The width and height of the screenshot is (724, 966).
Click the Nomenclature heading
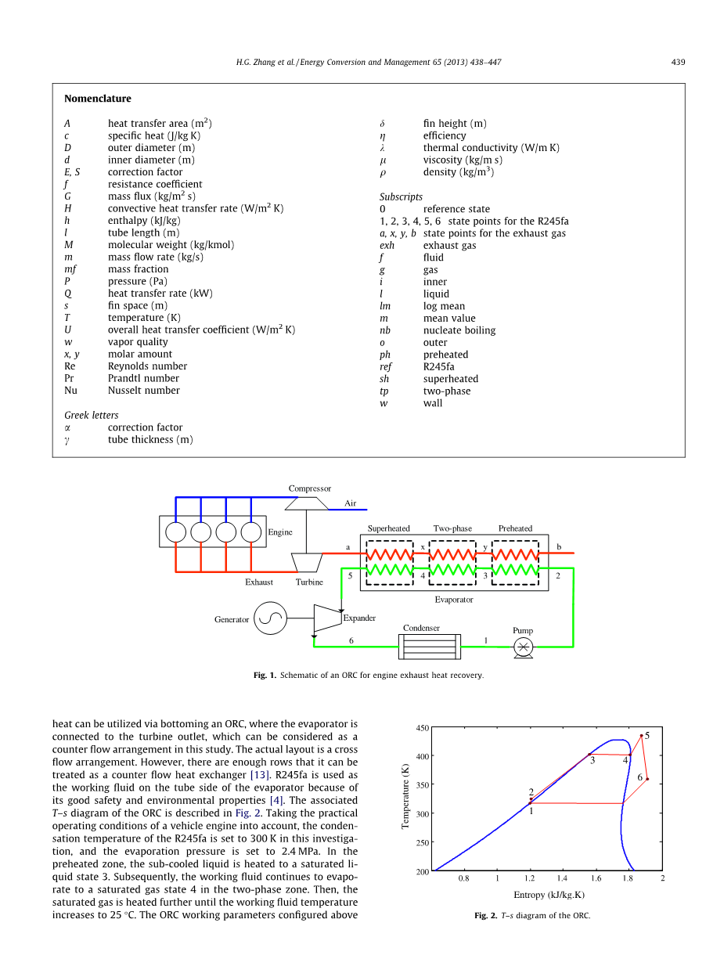[x=98, y=99]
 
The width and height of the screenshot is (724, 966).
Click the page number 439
[x=678, y=63]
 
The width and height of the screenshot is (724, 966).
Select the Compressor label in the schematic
[x=309, y=488]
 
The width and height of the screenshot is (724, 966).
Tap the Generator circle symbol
[x=271, y=619]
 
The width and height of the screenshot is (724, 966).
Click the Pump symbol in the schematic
[x=523, y=647]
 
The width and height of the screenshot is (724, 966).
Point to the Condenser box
[x=429, y=647]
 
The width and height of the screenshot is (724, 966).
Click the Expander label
[x=359, y=618]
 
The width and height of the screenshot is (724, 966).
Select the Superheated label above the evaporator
[x=389, y=528]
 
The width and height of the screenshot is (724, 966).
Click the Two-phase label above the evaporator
[x=452, y=528]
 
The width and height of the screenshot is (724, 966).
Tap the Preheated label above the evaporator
[x=515, y=528]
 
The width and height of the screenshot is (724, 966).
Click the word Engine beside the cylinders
[x=280, y=532]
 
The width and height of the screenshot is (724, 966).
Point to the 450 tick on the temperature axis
[x=422, y=729]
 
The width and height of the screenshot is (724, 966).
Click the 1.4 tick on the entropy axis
[x=562, y=879]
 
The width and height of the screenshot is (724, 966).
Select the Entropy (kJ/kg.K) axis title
[x=549, y=895]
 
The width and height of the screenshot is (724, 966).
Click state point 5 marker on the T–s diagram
[x=642, y=735]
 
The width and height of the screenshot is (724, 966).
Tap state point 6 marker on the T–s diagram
[x=647, y=779]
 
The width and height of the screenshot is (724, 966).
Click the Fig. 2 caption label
[x=485, y=915]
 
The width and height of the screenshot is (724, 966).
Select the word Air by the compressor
[x=350, y=503]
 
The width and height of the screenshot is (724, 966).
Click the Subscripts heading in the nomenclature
[x=401, y=196]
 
